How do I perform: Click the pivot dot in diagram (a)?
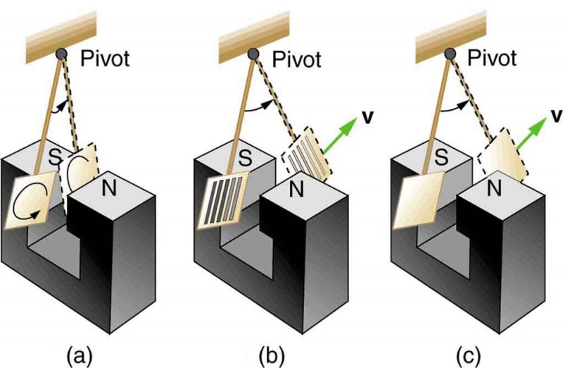pos(63,54)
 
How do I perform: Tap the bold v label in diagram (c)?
pos(555,114)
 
